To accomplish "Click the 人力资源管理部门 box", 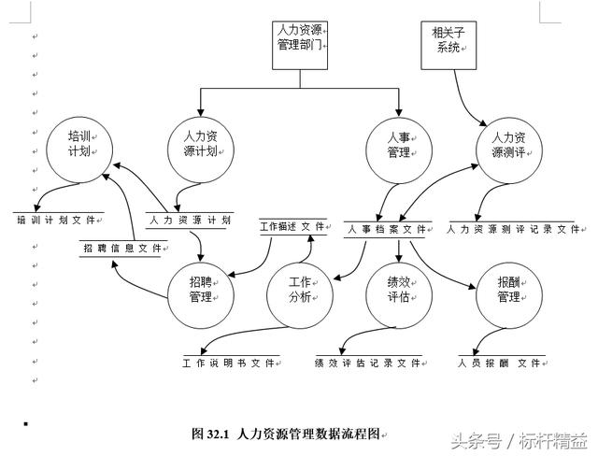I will click(302, 44).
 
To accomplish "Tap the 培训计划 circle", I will click(80, 144).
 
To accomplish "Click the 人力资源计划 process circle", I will click(199, 144).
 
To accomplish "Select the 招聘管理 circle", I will click(199, 290).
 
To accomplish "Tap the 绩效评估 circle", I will click(400, 290).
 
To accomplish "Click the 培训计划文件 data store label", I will click(58, 221).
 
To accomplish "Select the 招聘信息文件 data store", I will click(122, 249).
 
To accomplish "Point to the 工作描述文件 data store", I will click(292, 226).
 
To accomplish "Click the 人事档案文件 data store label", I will click(387, 228).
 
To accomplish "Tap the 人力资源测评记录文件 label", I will click(514, 228).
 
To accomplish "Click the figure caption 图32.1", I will click(285, 434).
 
